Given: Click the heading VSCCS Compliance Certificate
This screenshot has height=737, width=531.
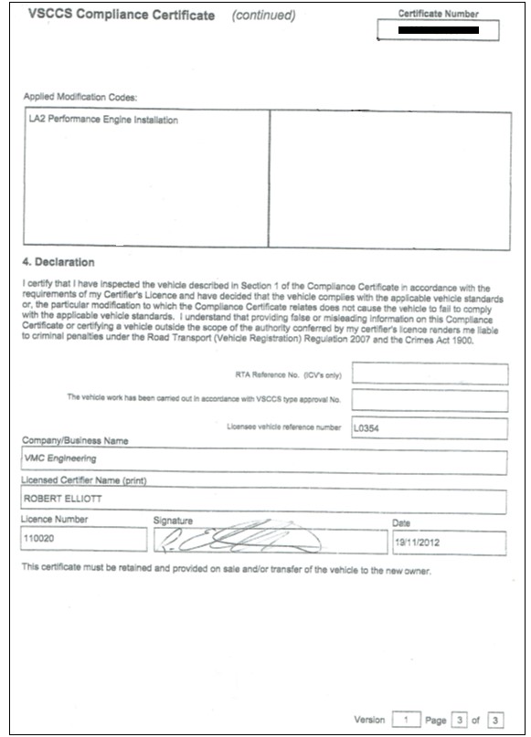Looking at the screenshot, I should pos(122,16).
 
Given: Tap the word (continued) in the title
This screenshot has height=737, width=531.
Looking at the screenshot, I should pos(263,16).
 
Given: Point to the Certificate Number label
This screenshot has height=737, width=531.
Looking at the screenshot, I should pos(438,14).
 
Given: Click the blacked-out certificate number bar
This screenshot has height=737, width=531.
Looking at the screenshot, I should pos(439,30).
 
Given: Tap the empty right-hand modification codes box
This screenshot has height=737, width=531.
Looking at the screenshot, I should pos(389,179).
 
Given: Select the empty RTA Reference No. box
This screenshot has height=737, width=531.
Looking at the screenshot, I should pos(429,374).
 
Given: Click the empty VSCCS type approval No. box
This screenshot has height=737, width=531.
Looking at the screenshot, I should pos(429,400).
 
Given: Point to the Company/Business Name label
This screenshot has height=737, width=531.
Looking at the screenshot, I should pos(74,441).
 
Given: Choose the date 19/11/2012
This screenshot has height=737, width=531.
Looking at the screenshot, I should pos(417,541).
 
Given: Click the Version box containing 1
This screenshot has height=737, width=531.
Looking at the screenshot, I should pos(405,721).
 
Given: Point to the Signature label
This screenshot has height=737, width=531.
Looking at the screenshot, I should pos(173,521).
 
